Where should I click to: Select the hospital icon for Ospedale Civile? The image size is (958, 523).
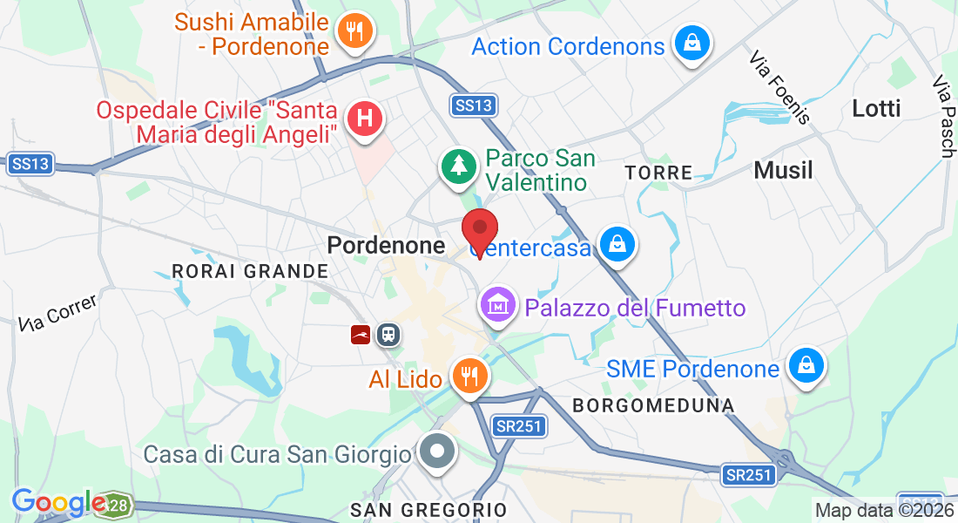[x=365, y=120]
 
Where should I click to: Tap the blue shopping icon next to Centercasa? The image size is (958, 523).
[x=617, y=246]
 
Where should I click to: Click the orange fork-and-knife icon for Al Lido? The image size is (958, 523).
[x=470, y=377]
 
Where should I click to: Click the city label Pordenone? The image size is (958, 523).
[x=386, y=246]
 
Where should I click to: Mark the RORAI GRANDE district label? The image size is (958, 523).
[x=250, y=271]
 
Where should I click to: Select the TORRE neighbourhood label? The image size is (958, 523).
[x=659, y=173]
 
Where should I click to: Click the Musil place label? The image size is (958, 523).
[x=783, y=170]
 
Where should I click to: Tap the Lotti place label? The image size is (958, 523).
[x=876, y=109]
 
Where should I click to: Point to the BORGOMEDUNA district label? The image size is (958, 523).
[x=653, y=405]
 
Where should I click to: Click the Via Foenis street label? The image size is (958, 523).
[x=780, y=86]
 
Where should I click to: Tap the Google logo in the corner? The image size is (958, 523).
[x=59, y=503]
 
